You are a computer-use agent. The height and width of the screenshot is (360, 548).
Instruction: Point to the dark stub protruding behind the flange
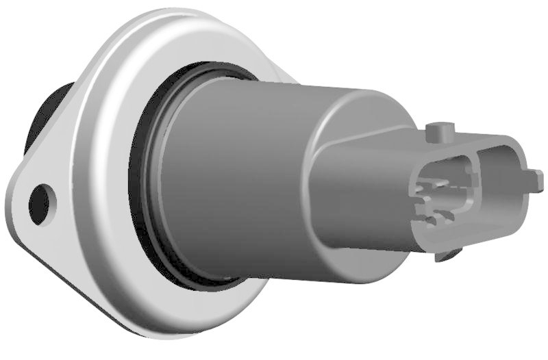point(48,113)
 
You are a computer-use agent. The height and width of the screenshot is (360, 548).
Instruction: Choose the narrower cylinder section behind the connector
point(342,110)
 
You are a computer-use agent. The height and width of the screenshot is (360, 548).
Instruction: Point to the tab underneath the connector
point(449,256)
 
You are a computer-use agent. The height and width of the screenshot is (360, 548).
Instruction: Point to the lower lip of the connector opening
point(466,236)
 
